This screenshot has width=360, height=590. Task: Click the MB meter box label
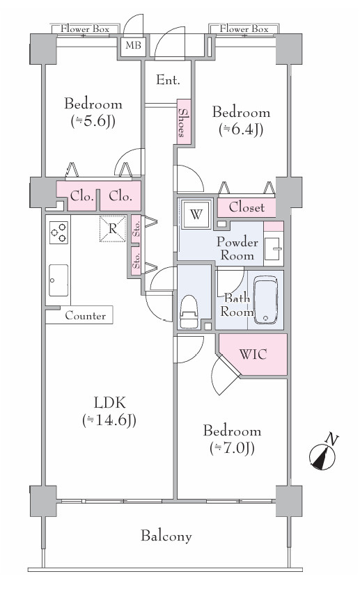133,45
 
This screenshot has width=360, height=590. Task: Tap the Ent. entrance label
168,80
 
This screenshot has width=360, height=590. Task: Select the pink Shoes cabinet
184,121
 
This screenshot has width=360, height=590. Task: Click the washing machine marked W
196,214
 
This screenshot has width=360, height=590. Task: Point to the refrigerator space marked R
113,228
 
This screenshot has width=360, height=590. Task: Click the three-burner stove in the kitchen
58,232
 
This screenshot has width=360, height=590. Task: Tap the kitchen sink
58,280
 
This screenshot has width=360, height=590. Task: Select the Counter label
86,315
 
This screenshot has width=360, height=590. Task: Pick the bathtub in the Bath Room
266,300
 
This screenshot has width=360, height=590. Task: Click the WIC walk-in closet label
253,354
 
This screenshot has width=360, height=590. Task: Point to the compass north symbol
323,454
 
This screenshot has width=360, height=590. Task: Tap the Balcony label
166,536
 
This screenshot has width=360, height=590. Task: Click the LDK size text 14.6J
109,420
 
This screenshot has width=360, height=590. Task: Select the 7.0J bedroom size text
232,448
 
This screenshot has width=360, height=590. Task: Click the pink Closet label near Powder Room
246,207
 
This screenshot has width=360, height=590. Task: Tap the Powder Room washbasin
273,248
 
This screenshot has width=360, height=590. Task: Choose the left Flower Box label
85,29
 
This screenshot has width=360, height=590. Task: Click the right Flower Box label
244,29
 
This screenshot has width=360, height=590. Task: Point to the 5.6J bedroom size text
93,121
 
